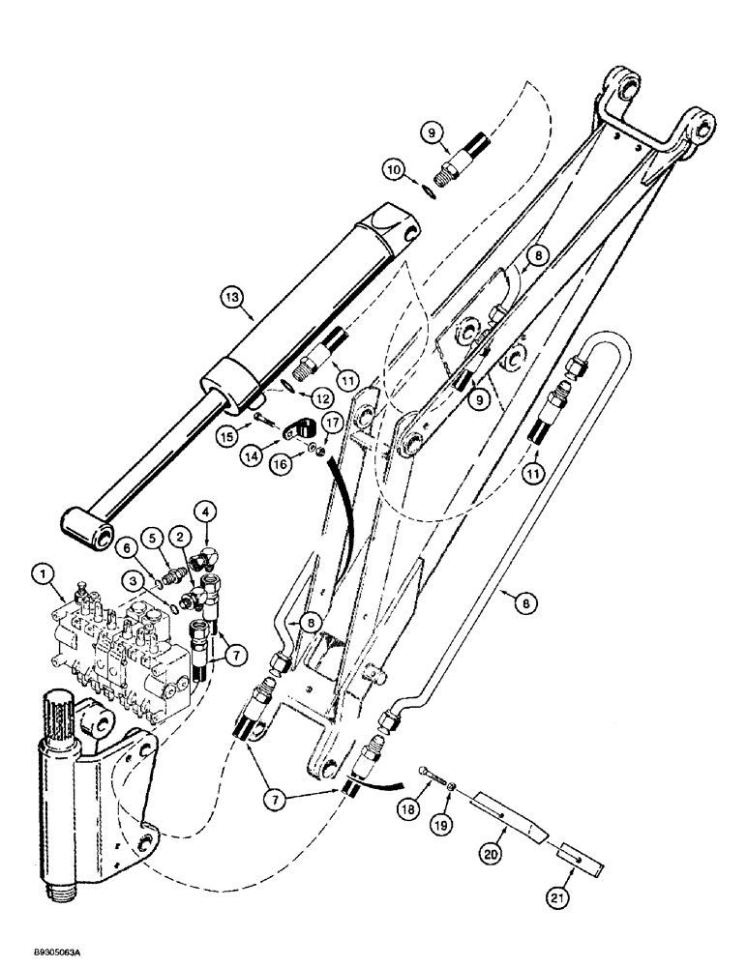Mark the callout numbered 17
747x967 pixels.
(329, 422)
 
